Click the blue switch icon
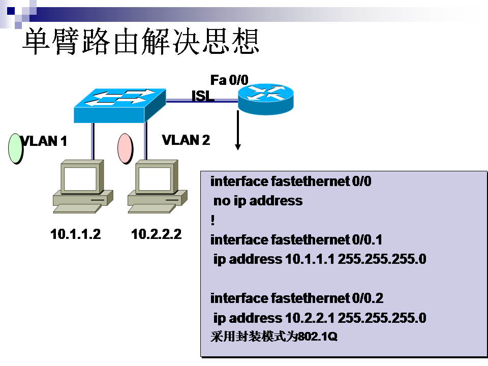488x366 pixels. [120, 104]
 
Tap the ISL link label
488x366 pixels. [202, 96]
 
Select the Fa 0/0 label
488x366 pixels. [229, 80]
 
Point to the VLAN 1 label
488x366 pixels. [44, 141]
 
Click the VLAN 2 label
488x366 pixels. [186, 140]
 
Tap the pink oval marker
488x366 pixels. [125, 148]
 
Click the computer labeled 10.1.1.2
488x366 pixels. [81, 187]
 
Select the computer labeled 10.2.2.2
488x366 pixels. [156, 187]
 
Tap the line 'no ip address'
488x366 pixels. [258, 201]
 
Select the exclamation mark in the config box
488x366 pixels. [212, 220]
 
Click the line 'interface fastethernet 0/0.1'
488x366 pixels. [296, 239]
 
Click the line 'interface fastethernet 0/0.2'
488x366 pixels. [296, 298]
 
